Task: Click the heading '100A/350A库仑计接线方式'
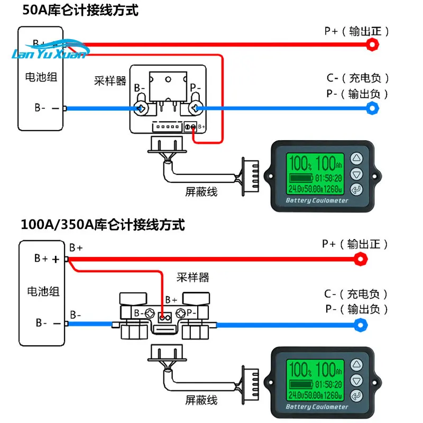coord(103,225)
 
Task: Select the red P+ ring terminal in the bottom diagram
coord(361,259)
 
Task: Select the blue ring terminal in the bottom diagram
coord(361,324)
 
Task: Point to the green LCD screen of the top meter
coord(316,173)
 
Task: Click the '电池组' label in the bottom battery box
coord(42,291)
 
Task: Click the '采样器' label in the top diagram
coord(110,81)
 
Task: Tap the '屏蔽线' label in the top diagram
coord(201,191)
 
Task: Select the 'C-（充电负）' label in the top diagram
coord(357,79)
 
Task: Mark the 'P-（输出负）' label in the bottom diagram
coord(356,309)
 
